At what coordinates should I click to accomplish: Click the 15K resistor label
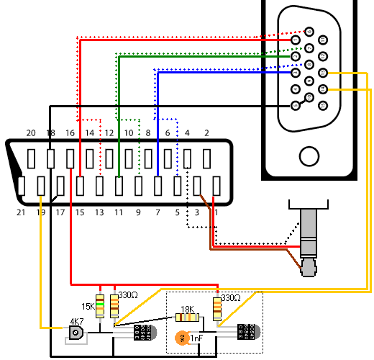[x=88, y=306]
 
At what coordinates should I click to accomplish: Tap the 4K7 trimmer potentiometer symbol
[x=75, y=333]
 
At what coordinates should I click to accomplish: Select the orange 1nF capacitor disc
[x=182, y=337]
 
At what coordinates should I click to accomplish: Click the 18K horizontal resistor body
[x=188, y=318]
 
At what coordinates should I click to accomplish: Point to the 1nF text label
[x=196, y=337]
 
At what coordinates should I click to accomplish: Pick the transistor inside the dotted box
[x=247, y=331]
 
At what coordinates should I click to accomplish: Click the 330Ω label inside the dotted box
[x=231, y=297]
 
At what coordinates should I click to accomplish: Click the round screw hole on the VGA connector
[x=310, y=156]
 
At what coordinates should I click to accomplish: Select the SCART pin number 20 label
[x=30, y=133]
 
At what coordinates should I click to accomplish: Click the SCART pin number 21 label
[x=21, y=212]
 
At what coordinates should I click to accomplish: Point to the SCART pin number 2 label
[x=206, y=133]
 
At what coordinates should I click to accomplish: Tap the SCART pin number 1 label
[x=215, y=212]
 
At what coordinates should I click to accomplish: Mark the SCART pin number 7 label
[x=157, y=212]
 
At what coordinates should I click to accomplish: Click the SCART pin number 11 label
[x=118, y=212]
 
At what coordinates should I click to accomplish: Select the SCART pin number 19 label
[x=40, y=212]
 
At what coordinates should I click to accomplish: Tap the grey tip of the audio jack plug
[x=309, y=267]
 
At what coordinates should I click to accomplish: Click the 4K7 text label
[x=76, y=322]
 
